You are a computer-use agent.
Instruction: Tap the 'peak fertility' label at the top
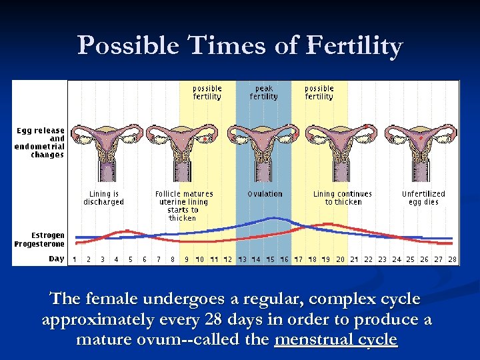[x=264, y=93]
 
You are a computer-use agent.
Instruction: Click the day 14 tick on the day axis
[x=257, y=259]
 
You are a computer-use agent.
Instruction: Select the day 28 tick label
[x=452, y=259]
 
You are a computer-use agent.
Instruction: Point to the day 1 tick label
[x=74, y=259]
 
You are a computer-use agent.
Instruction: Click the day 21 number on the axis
[x=355, y=259]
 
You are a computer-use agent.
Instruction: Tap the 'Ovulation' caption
[x=265, y=194]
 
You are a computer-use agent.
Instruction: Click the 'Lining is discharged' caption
[x=103, y=198]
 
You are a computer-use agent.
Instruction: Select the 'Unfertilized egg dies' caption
[x=423, y=198]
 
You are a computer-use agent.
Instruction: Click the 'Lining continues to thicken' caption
[x=343, y=198]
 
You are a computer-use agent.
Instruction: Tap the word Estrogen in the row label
[x=48, y=235]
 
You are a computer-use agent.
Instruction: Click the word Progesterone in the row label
[x=40, y=244]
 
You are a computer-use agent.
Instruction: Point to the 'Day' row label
[x=57, y=259]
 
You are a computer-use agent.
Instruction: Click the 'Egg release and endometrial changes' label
[x=40, y=143]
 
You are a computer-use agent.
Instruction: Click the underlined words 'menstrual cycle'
[x=335, y=339]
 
